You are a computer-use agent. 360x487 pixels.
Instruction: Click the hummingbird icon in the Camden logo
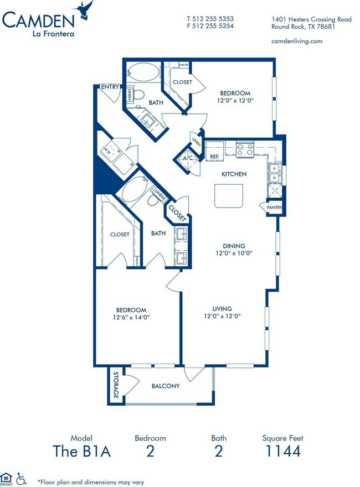pyautogui.click(x=85, y=9)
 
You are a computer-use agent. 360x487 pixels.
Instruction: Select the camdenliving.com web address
pyautogui.click(x=296, y=41)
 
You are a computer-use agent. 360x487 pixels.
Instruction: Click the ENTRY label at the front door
pyautogui.click(x=110, y=87)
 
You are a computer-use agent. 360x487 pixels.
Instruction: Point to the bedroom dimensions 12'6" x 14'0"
pyautogui.click(x=131, y=318)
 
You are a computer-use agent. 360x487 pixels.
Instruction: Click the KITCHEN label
pyautogui.click(x=234, y=174)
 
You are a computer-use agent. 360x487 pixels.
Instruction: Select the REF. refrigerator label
pyautogui.click(x=215, y=157)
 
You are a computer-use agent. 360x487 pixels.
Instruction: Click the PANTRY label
pyautogui.click(x=275, y=208)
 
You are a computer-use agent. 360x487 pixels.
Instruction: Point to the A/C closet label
pyautogui.click(x=187, y=158)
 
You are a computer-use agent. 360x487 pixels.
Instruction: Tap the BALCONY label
pyautogui.click(x=166, y=386)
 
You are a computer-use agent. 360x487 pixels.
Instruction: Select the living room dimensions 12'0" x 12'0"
pyautogui.click(x=222, y=317)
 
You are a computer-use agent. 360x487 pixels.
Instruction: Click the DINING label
pyautogui.click(x=234, y=246)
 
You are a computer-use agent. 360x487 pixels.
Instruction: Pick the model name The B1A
pyautogui.click(x=82, y=451)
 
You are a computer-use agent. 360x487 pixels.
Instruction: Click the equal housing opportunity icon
pyautogui.click(x=7, y=478)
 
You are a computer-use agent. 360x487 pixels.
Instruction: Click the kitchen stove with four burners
pyautogui.click(x=244, y=149)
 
